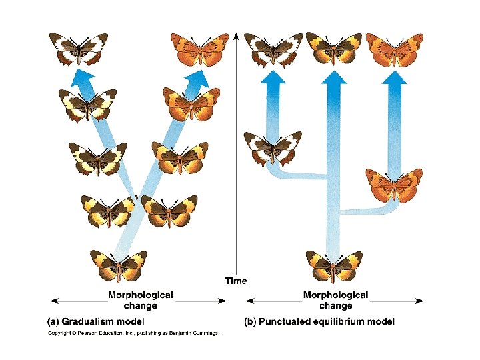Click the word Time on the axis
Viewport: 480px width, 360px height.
[235, 281]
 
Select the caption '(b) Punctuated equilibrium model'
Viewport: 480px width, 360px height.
[320, 321]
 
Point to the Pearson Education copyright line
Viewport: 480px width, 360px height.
[133, 333]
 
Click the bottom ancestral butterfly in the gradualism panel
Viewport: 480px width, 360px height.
[118, 265]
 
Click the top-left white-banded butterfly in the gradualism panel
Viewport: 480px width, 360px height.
[78, 49]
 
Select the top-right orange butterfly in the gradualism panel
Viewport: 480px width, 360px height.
[199, 49]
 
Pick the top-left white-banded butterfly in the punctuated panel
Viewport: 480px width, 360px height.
[272, 49]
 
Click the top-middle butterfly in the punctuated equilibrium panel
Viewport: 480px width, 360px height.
[333, 49]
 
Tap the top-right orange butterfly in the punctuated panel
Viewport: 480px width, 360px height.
[394, 49]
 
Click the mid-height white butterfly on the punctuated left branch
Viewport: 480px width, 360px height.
[272, 147]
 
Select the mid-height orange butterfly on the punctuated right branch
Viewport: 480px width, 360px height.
[394, 185]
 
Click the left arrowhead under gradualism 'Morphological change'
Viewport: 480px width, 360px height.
[54, 301]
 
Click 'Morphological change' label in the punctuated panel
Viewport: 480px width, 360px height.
[335, 300]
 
